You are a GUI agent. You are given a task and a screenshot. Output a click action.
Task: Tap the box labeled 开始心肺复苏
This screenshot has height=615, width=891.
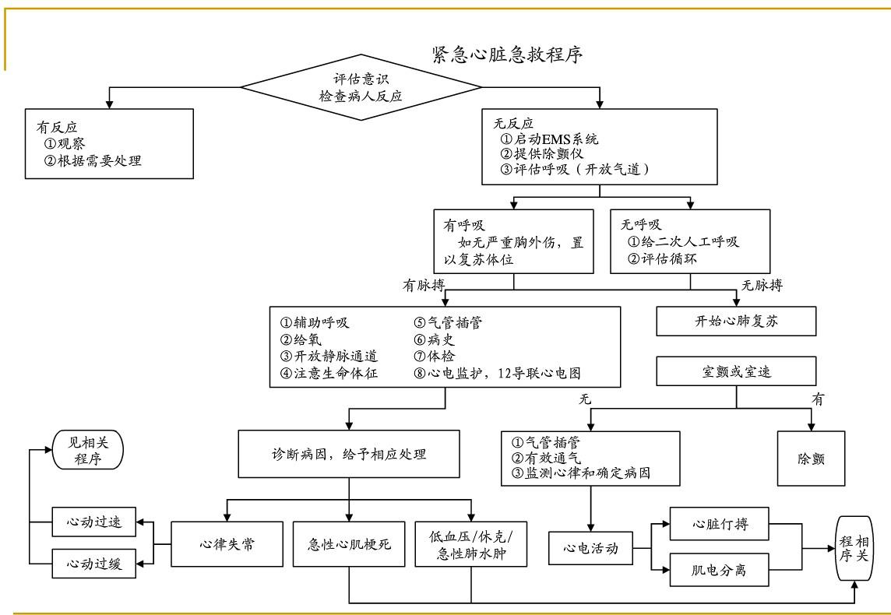click(736, 320)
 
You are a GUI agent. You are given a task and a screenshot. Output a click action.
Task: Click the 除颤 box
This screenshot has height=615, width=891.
click(812, 459)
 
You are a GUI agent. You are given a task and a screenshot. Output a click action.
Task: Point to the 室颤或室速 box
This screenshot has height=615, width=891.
click(735, 371)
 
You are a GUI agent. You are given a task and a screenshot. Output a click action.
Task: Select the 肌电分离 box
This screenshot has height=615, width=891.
click(719, 570)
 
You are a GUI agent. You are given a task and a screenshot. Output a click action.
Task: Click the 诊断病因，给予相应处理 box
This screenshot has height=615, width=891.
click(349, 453)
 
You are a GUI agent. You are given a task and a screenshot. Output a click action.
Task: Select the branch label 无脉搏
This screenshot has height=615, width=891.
click(762, 286)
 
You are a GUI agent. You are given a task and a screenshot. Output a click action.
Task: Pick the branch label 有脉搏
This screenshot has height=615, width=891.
click(423, 286)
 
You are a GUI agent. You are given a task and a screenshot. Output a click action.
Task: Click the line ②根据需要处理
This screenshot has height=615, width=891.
click(93, 161)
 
